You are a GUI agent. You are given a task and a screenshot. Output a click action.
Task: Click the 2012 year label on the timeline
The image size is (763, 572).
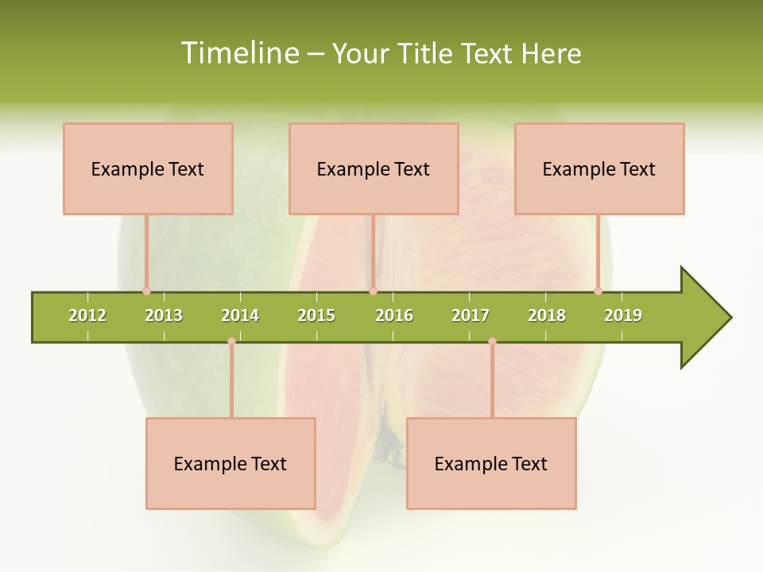(x=87, y=315)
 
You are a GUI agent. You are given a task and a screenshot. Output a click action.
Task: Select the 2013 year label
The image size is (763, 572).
(x=164, y=315)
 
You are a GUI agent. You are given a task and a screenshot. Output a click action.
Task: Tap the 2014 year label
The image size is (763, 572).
(x=240, y=315)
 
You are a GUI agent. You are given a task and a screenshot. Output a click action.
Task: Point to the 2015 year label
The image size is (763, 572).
(x=316, y=315)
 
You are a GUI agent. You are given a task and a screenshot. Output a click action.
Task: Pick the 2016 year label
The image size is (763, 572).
(x=394, y=315)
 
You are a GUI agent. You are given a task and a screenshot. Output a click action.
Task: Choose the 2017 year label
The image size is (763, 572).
(x=471, y=315)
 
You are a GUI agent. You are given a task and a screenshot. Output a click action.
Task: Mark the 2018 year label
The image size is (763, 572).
(x=547, y=315)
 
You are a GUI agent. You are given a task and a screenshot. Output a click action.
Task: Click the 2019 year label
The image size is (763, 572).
(x=623, y=315)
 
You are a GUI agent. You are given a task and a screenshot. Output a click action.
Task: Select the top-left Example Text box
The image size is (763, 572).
(x=148, y=168)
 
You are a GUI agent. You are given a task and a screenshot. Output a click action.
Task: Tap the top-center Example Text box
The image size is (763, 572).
(x=374, y=168)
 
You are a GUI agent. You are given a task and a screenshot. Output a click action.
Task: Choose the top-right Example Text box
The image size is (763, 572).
(x=599, y=168)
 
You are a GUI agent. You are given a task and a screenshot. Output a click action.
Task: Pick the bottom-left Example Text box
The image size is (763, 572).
(x=230, y=463)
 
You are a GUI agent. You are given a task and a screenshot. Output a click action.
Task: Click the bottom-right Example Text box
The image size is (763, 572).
(x=491, y=463)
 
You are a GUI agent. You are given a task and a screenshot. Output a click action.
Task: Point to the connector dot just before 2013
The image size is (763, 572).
(x=146, y=292)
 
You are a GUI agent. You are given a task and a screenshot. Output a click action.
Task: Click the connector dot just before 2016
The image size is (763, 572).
(x=373, y=292)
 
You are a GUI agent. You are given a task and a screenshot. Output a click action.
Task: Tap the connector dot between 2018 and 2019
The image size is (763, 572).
(x=598, y=292)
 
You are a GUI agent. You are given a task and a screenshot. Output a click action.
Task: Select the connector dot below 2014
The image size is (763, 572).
(x=231, y=342)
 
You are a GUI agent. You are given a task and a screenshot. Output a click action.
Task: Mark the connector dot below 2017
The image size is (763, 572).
(x=492, y=342)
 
